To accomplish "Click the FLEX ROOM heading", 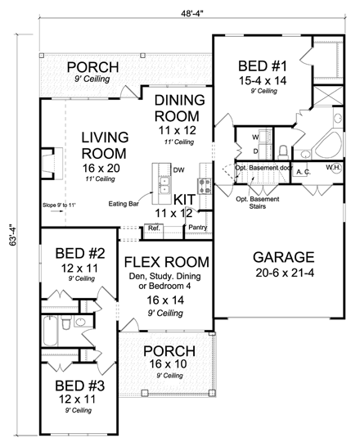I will click(167, 263).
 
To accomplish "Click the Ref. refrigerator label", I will click(154, 230).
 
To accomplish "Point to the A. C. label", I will click(302, 172).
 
